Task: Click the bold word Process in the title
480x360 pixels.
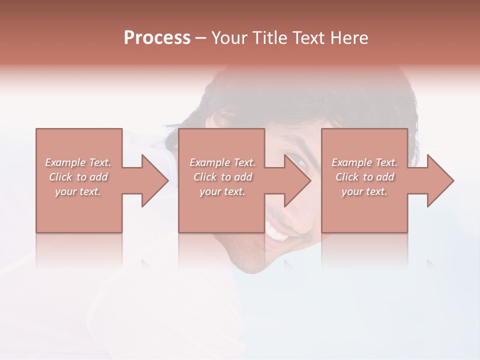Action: click(157, 38)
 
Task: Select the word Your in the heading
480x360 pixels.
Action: click(230, 38)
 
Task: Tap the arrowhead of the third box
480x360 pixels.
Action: click(440, 180)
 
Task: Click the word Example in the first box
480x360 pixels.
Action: click(65, 162)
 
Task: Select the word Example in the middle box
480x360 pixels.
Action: click(209, 162)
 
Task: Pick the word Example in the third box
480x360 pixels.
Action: click(351, 162)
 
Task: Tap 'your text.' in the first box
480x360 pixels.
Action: click(78, 191)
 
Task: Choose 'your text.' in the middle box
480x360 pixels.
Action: click(222, 191)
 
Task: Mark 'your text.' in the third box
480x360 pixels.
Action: click(364, 191)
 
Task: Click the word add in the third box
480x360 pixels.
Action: click(384, 177)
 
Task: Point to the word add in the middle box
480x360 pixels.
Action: click(242, 177)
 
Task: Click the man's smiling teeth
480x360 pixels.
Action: click(277, 232)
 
